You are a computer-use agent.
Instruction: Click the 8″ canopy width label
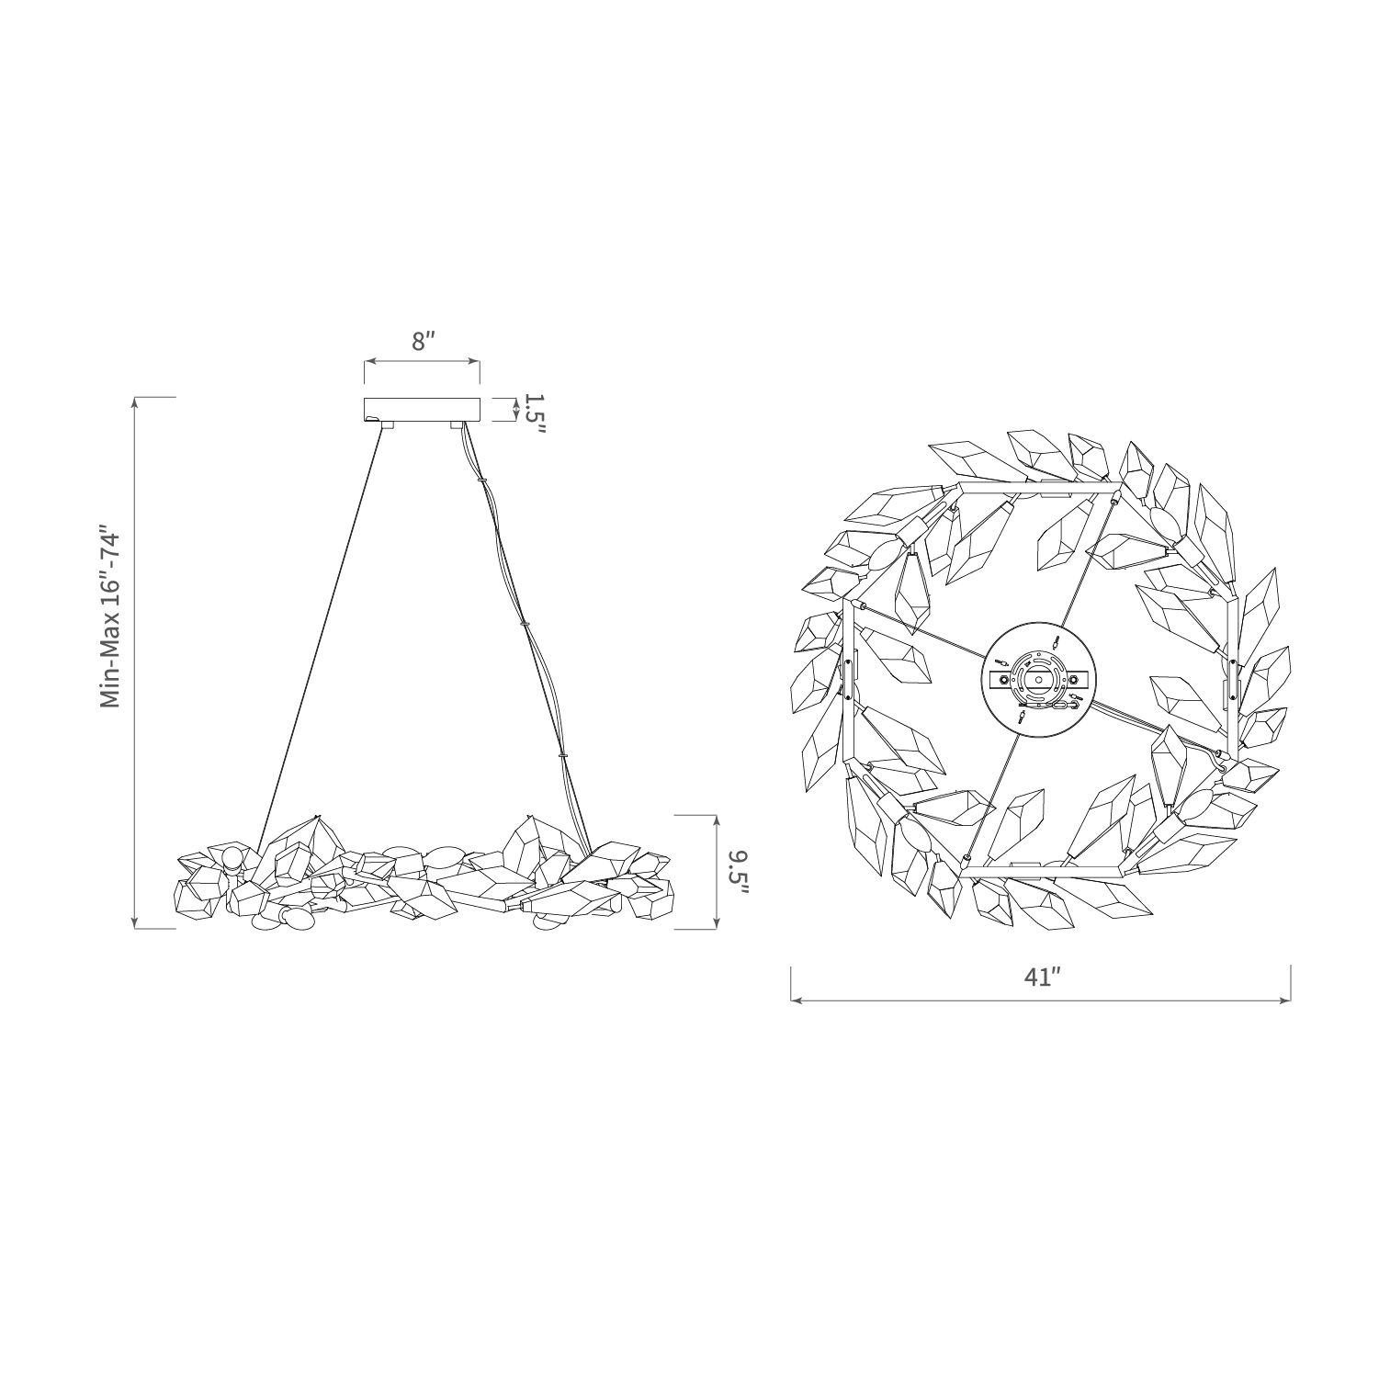423,342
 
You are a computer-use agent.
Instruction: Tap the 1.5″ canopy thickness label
534,416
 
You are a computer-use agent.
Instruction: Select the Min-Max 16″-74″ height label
111,617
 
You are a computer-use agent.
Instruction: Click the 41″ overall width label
1042,977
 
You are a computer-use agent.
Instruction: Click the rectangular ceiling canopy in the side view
423,410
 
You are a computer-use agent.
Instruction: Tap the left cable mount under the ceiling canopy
387,426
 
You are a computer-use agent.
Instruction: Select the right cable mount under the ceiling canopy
457,426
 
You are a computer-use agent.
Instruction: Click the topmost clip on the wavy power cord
481,479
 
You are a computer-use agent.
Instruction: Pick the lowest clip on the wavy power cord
562,756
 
